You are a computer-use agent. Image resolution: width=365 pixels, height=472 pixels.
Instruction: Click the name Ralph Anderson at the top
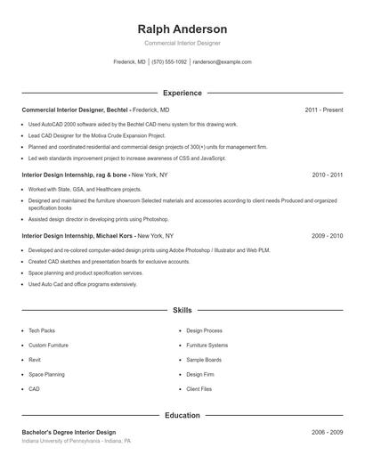pyautogui.click(x=182, y=28)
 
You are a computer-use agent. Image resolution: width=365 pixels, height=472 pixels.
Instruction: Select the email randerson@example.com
pyautogui.click(x=222, y=62)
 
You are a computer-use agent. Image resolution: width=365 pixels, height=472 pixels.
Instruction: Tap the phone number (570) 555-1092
pyautogui.click(x=169, y=62)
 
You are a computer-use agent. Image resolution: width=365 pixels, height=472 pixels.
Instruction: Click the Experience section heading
pyautogui.click(x=182, y=93)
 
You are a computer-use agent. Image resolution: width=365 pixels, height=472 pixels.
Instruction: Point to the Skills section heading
pyautogui.click(x=182, y=311)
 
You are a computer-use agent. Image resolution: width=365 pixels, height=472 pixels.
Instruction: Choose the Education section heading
pyautogui.click(x=182, y=415)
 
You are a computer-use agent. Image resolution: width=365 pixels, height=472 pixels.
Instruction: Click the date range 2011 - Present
pyautogui.click(x=323, y=110)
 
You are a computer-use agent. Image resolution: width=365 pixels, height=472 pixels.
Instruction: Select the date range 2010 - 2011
pyautogui.click(x=327, y=175)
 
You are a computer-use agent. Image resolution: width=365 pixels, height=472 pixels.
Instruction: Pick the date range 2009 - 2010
pyautogui.click(x=327, y=236)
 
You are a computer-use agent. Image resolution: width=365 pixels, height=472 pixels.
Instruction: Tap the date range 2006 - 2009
pyautogui.click(x=327, y=431)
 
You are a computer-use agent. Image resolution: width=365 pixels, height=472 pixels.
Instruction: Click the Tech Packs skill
pyautogui.click(x=42, y=330)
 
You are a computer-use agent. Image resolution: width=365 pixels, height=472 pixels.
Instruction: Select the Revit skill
pyautogui.click(x=35, y=360)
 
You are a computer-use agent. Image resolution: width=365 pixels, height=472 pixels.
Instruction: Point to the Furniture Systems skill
pyautogui.click(x=207, y=345)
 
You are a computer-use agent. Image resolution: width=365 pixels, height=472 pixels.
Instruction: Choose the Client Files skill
pyautogui.click(x=199, y=389)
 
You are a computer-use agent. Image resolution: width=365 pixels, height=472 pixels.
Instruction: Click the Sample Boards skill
pyautogui.click(x=204, y=360)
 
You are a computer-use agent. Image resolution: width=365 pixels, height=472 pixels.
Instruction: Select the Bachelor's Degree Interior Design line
pyautogui.click(x=69, y=431)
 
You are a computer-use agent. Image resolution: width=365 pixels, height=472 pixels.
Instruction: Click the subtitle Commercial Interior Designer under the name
pyautogui.click(x=182, y=43)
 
